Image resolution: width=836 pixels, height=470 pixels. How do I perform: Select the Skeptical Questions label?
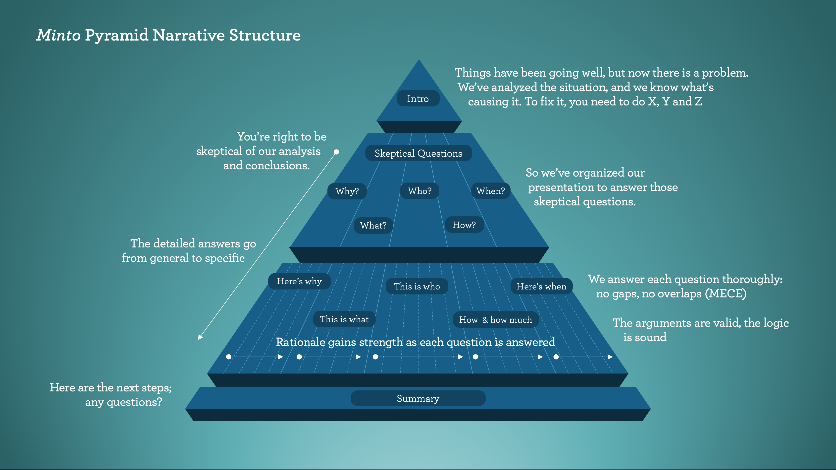coord(418,153)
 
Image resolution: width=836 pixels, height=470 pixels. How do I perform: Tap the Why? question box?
coord(347,191)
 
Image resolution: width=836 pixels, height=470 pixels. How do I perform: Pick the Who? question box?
coord(420,191)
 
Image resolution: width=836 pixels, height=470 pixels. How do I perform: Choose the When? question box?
coord(491,191)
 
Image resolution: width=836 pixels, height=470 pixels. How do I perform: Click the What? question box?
coord(373,226)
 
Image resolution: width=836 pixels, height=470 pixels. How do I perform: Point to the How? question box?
coord(464,225)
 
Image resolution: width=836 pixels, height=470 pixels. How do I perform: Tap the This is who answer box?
coord(417,286)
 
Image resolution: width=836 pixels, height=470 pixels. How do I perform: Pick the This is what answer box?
coord(344,319)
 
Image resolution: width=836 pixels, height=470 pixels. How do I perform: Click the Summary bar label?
coord(418,398)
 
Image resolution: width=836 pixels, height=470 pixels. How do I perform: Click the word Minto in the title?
coord(58,35)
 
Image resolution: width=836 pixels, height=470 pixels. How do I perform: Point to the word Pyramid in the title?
coord(116,35)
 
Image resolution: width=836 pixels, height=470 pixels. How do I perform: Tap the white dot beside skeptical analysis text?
coord(337,152)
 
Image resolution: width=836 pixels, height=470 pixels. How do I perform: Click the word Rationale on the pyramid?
coord(300,342)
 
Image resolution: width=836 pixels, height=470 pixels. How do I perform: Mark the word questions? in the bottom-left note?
coord(134,402)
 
